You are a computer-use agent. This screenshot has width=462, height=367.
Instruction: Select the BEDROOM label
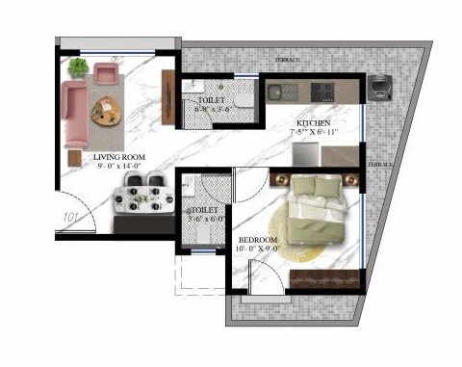[258, 240]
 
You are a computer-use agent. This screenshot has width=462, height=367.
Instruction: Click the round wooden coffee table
[106, 111]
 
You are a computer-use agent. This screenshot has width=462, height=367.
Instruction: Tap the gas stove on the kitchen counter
[323, 92]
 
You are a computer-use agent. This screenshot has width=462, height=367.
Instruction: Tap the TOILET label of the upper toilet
[211, 100]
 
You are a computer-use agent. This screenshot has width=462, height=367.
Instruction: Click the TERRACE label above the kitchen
[287, 60]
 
